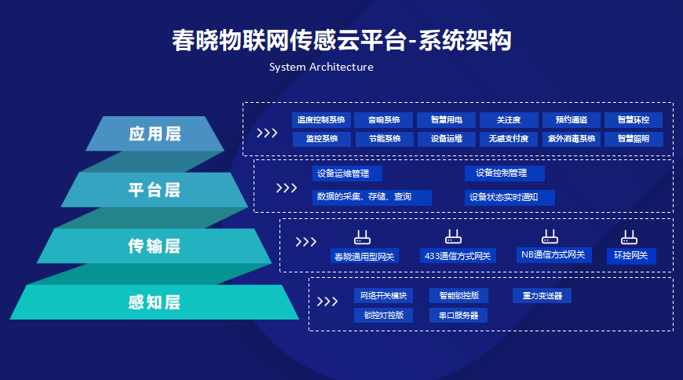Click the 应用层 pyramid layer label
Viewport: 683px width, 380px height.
point(155,133)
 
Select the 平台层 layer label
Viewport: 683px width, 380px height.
point(155,190)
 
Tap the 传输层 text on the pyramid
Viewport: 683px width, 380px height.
point(155,246)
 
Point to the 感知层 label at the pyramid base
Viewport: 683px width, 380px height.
point(155,302)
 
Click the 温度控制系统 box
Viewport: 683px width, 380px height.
point(320,120)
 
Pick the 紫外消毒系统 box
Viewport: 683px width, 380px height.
point(571,139)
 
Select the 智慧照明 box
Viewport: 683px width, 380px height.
point(634,139)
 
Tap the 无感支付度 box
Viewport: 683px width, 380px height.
point(508,139)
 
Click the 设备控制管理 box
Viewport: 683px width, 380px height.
point(504,174)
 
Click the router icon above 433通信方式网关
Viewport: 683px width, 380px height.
point(453,236)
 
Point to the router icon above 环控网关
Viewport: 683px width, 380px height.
point(629,236)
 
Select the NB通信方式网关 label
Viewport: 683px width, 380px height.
point(553,255)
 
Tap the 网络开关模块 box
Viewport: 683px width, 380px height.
point(383,296)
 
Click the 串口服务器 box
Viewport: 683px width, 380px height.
point(458,315)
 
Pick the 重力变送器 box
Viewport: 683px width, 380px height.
point(542,296)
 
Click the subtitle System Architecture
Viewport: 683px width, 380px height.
point(321,67)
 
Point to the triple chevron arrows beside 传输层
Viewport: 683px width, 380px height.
point(305,242)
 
